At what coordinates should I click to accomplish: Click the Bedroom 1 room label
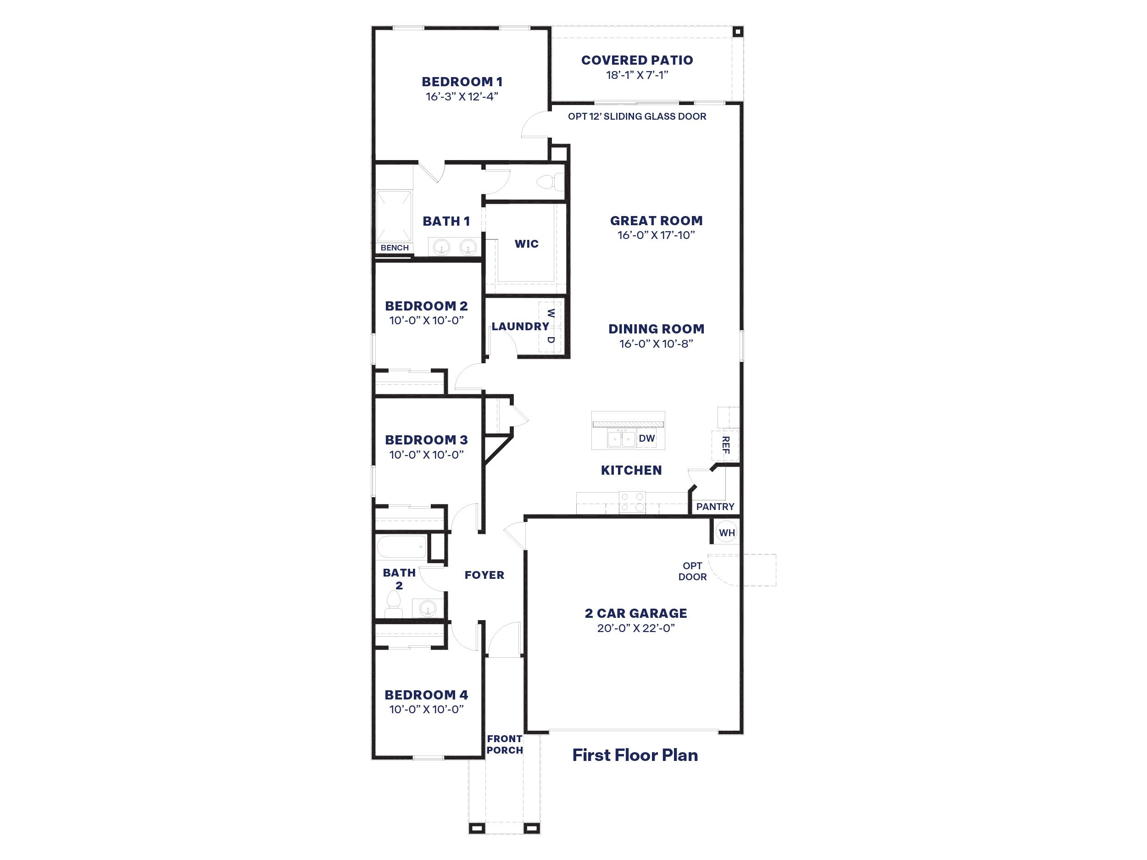[x=462, y=82]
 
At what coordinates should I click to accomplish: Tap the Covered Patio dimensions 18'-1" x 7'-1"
[x=637, y=75]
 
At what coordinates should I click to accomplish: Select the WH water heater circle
[x=726, y=533]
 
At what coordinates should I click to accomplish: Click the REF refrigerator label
[x=725, y=445]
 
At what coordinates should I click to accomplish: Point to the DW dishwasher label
[x=646, y=438]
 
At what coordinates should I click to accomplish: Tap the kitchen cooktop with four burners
[x=632, y=502]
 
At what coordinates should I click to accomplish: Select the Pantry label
[x=715, y=506]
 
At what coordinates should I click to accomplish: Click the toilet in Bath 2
[x=394, y=605]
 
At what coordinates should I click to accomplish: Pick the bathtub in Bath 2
[x=402, y=547]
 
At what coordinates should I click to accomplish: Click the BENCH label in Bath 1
[x=395, y=248]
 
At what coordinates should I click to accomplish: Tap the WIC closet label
[x=526, y=244]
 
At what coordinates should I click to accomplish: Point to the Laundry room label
[x=520, y=327]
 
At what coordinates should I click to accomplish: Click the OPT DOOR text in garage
[x=692, y=571]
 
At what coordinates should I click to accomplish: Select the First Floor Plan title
[x=635, y=755]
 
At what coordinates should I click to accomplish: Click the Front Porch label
[x=505, y=744]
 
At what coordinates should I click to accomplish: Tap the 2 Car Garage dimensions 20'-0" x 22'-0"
[x=636, y=628]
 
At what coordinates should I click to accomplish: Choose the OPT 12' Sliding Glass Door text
[x=637, y=117]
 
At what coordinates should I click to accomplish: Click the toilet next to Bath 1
[x=547, y=183]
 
